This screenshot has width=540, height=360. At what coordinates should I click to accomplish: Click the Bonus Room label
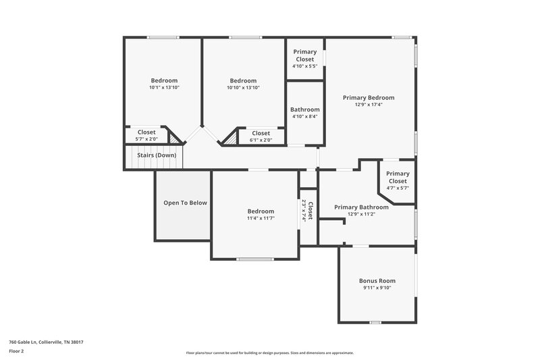377,280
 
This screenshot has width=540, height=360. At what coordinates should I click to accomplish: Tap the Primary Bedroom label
368,97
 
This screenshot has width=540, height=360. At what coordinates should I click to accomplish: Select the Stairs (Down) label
157,155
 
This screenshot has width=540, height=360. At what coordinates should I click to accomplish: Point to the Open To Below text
185,203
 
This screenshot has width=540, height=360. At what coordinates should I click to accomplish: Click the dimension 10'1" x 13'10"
164,88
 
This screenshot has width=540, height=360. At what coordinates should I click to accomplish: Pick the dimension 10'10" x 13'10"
243,88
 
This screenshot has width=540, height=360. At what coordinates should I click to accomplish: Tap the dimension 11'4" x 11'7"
261,218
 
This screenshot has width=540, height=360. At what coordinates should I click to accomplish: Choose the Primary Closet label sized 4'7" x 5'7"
397,177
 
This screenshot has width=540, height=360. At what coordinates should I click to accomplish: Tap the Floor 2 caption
16,351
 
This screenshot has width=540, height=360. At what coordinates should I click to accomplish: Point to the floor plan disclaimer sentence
269,353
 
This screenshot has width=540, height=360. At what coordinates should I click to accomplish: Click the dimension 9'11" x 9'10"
377,288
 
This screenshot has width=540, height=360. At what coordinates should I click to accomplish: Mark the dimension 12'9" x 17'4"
368,105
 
